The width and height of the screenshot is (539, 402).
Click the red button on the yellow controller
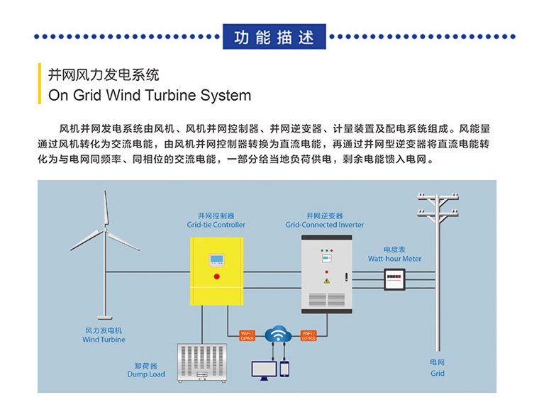pyautogui.click(x=217, y=274)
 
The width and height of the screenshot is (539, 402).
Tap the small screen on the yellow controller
pyautogui.click(x=217, y=259)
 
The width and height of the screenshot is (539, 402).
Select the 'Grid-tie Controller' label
pyautogui.click(x=216, y=225)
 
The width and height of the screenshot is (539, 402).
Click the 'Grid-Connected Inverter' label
pyautogui.click(x=325, y=225)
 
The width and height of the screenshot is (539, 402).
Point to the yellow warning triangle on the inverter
pyautogui.click(x=327, y=281)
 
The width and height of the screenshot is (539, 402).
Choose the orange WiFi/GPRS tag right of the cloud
pyautogui.click(x=309, y=335)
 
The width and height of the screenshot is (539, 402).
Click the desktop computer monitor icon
pyautogui.click(x=265, y=369)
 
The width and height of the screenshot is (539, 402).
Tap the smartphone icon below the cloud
pyautogui.click(x=284, y=369)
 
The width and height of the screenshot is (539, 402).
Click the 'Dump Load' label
pyautogui.click(x=146, y=374)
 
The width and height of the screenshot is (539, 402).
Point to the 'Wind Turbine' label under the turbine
pyautogui.click(x=104, y=340)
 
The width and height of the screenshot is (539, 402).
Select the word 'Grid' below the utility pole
pyautogui.click(x=438, y=373)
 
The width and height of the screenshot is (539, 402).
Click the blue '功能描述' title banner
pyautogui.click(x=274, y=36)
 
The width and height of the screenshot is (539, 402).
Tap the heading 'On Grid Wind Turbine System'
pyautogui.click(x=149, y=95)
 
